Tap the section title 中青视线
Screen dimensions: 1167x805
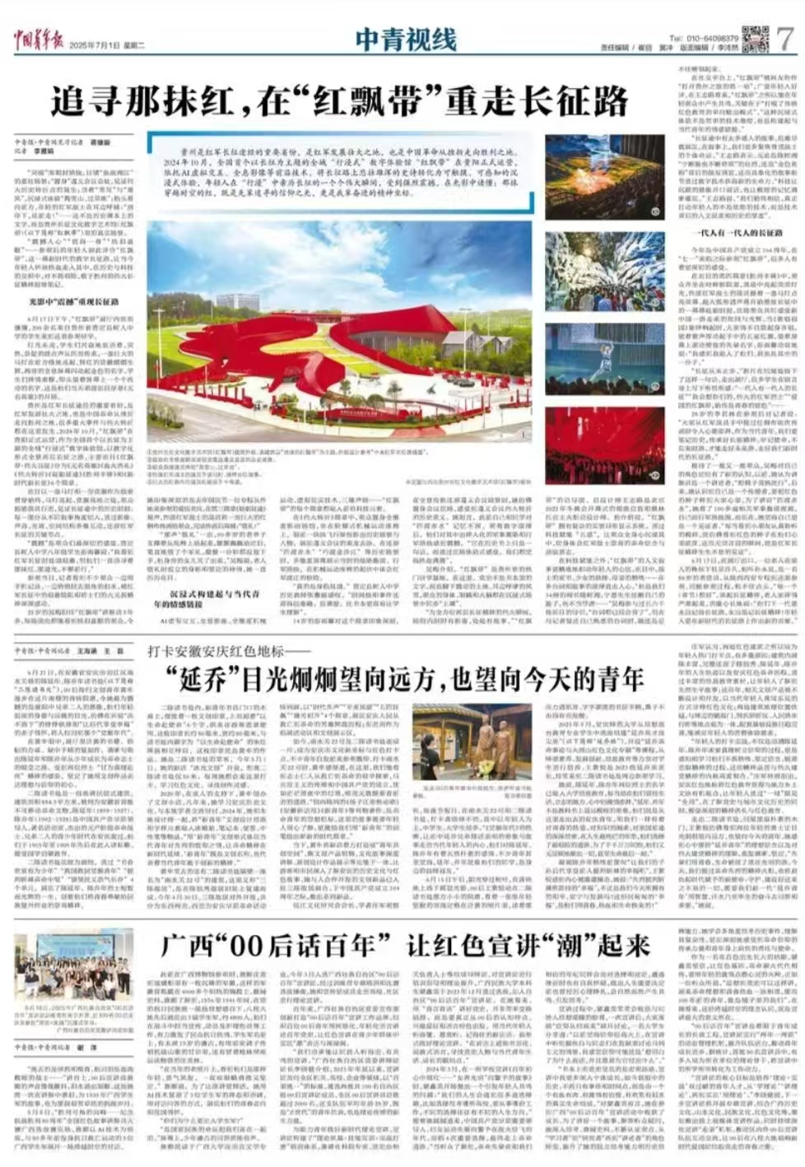[x=406, y=39]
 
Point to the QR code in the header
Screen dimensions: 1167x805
[x=754, y=38]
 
